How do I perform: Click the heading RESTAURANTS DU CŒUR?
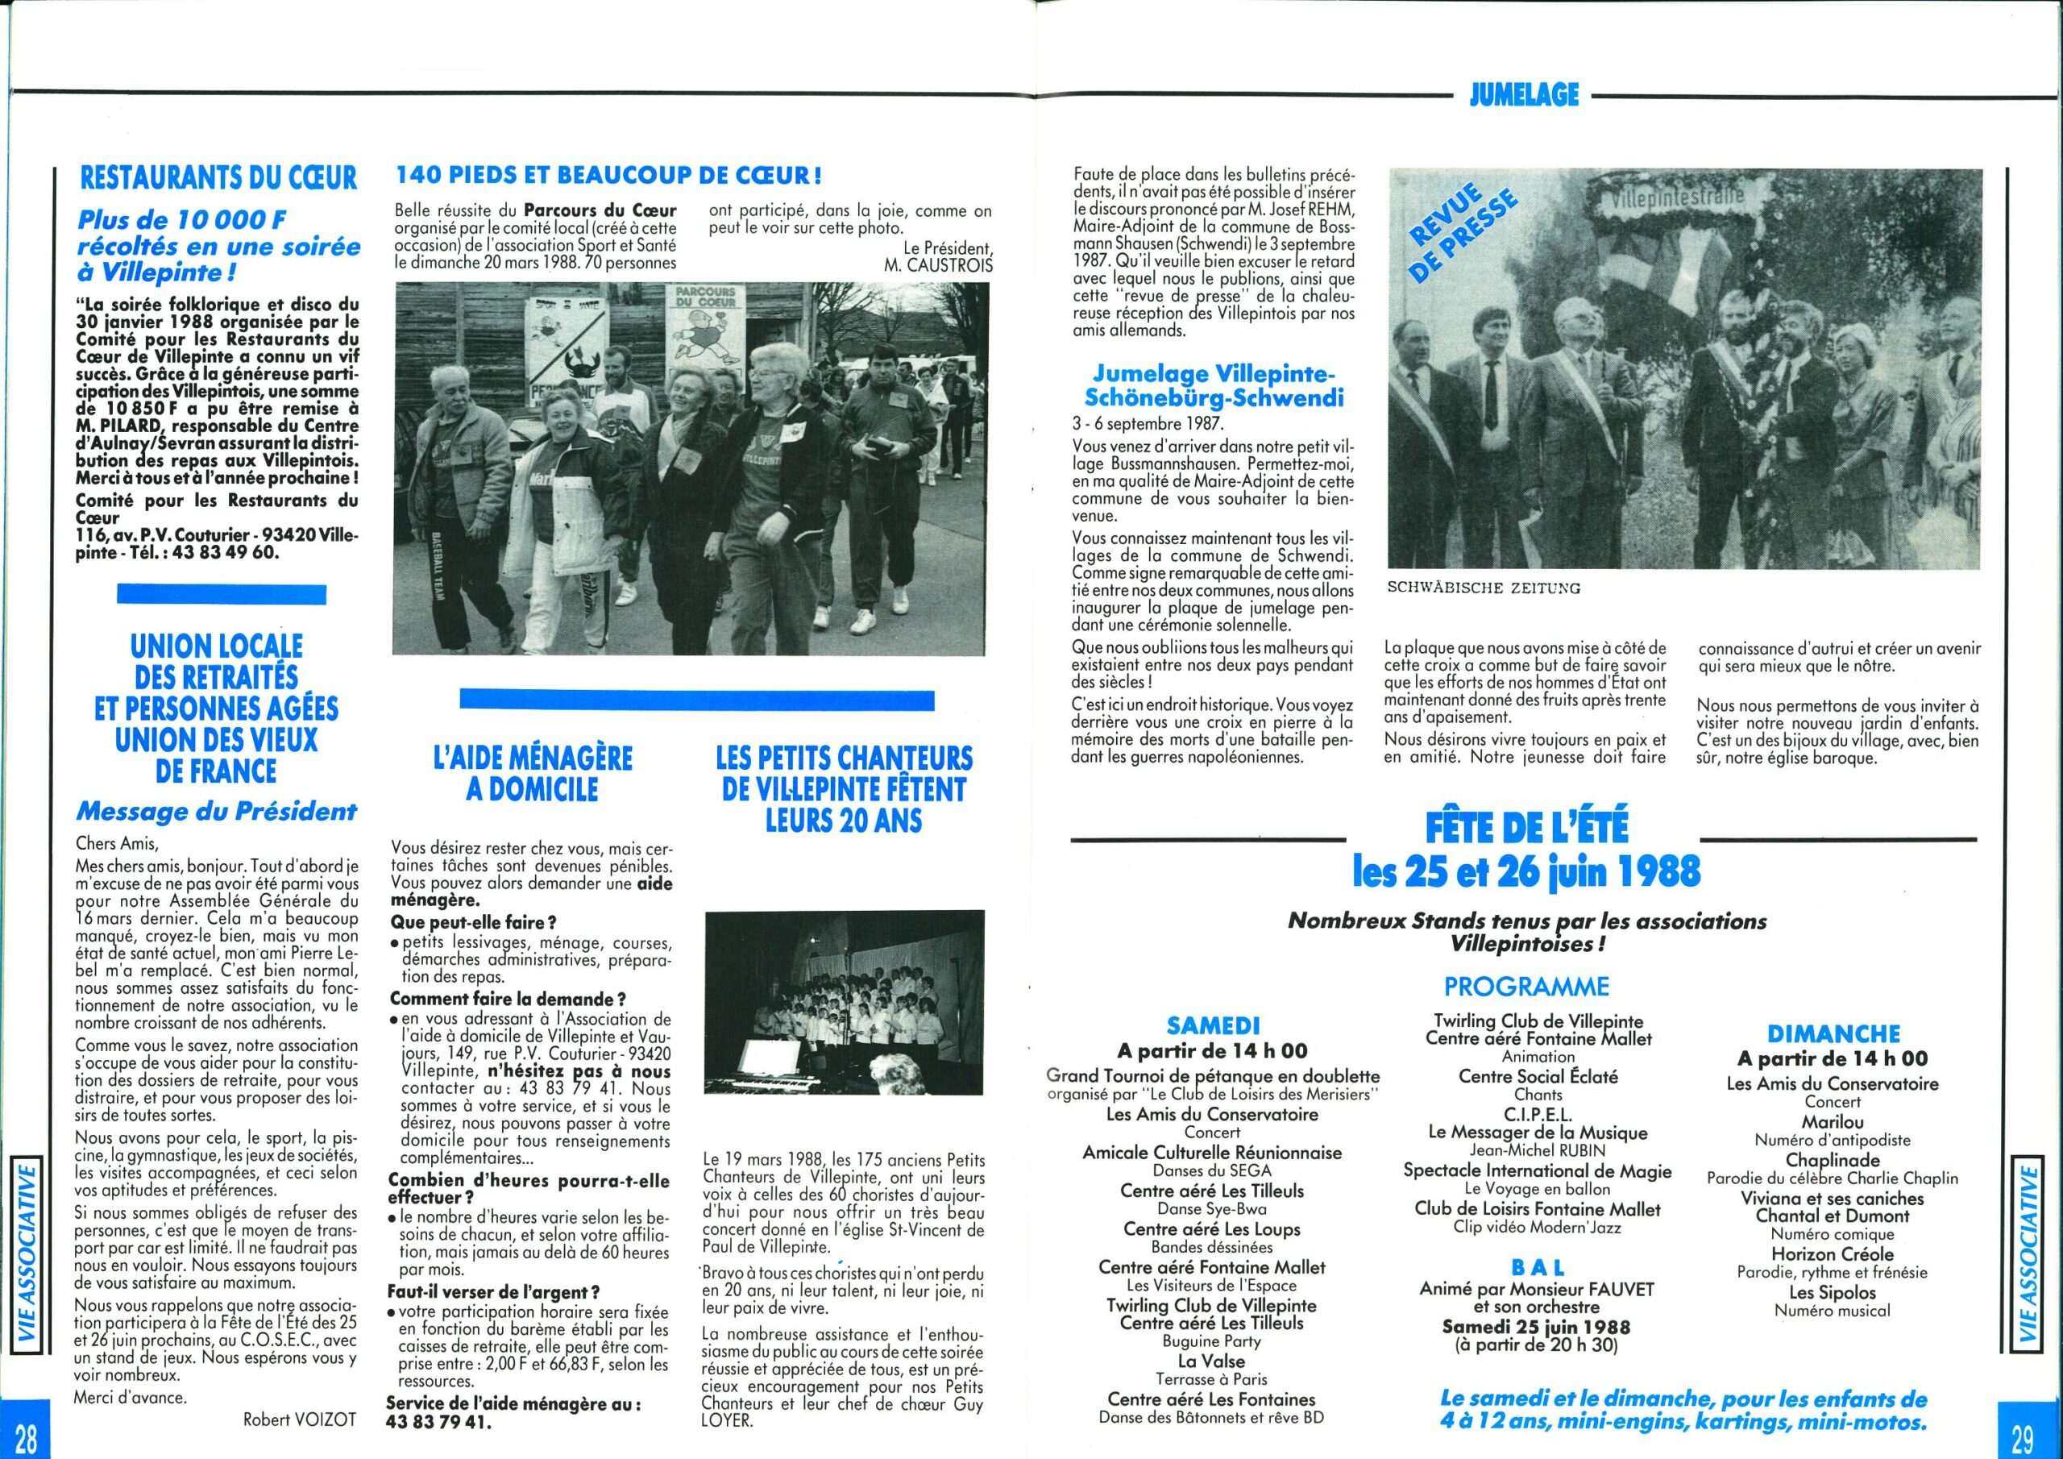point(218,177)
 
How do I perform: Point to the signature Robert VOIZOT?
point(299,1420)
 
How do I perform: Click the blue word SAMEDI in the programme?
point(1213,1025)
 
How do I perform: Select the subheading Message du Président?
point(217,812)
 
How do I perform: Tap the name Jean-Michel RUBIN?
point(1538,1150)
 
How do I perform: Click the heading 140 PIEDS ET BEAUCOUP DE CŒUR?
point(609,174)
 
